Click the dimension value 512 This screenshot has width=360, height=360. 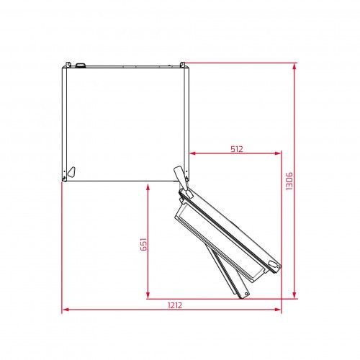(x=237, y=149)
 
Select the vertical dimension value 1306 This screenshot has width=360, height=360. (x=289, y=181)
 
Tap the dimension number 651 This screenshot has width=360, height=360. (x=143, y=244)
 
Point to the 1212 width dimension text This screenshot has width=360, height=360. (x=175, y=305)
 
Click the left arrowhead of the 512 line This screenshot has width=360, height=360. (x=192, y=153)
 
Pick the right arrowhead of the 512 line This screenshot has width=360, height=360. (x=278, y=153)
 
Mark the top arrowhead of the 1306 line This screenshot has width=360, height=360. (x=295, y=66)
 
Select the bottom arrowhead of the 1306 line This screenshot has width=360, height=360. (x=295, y=295)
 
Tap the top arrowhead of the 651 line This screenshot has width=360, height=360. (x=148, y=187)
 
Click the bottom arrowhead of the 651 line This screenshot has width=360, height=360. (x=148, y=295)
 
